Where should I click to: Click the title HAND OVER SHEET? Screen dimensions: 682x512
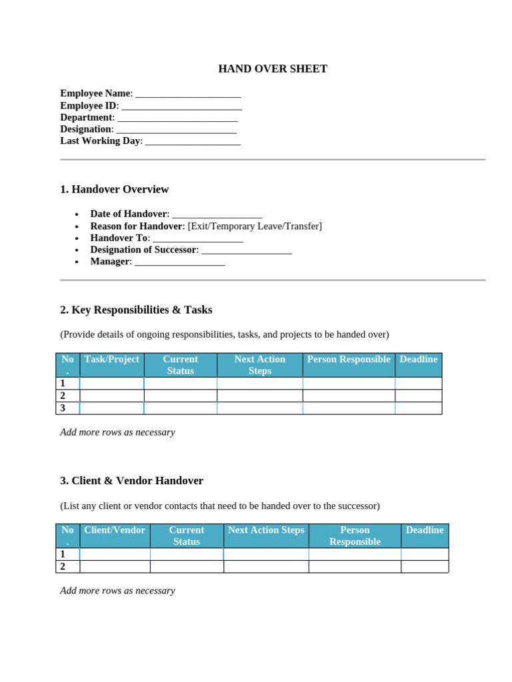pyautogui.click(x=273, y=69)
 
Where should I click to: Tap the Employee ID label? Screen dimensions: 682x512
pyautogui.click(x=89, y=105)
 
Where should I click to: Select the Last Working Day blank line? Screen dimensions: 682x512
pyautogui.click(x=192, y=141)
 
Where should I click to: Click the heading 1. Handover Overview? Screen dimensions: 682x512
pyautogui.click(x=114, y=189)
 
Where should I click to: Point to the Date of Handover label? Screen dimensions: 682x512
pyautogui.click(x=128, y=214)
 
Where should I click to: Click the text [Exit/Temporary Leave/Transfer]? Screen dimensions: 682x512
pyautogui.click(x=255, y=226)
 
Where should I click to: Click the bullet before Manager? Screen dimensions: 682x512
pyautogui.click(x=77, y=262)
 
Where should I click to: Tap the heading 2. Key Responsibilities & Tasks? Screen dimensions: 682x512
pyautogui.click(x=136, y=310)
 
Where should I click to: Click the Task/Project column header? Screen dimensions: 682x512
pyautogui.click(x=111, y=360)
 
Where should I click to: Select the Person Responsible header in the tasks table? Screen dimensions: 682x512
pyautogui.click(x=348, y=360)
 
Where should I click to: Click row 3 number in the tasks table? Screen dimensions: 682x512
pyautogui.click(x=63, y=408)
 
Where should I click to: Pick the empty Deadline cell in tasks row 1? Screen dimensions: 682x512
pyautogui.click(x=418, y=384)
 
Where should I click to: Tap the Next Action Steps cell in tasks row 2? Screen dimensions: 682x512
pyautogui.click(x=259, y=396)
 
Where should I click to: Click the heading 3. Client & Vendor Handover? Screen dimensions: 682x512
pyautogui.click(x=131, y=480)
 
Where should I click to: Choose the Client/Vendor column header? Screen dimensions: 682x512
pyautogui.click(x=114, y=530)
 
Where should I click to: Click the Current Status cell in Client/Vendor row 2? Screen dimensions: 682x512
pyautogui.click(x=186, y=567)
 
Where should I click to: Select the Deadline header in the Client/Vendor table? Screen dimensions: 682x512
pyautogui.click(x=424, y=530)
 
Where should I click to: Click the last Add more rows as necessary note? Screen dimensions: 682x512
pyautogui.click(x=117, y=591)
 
